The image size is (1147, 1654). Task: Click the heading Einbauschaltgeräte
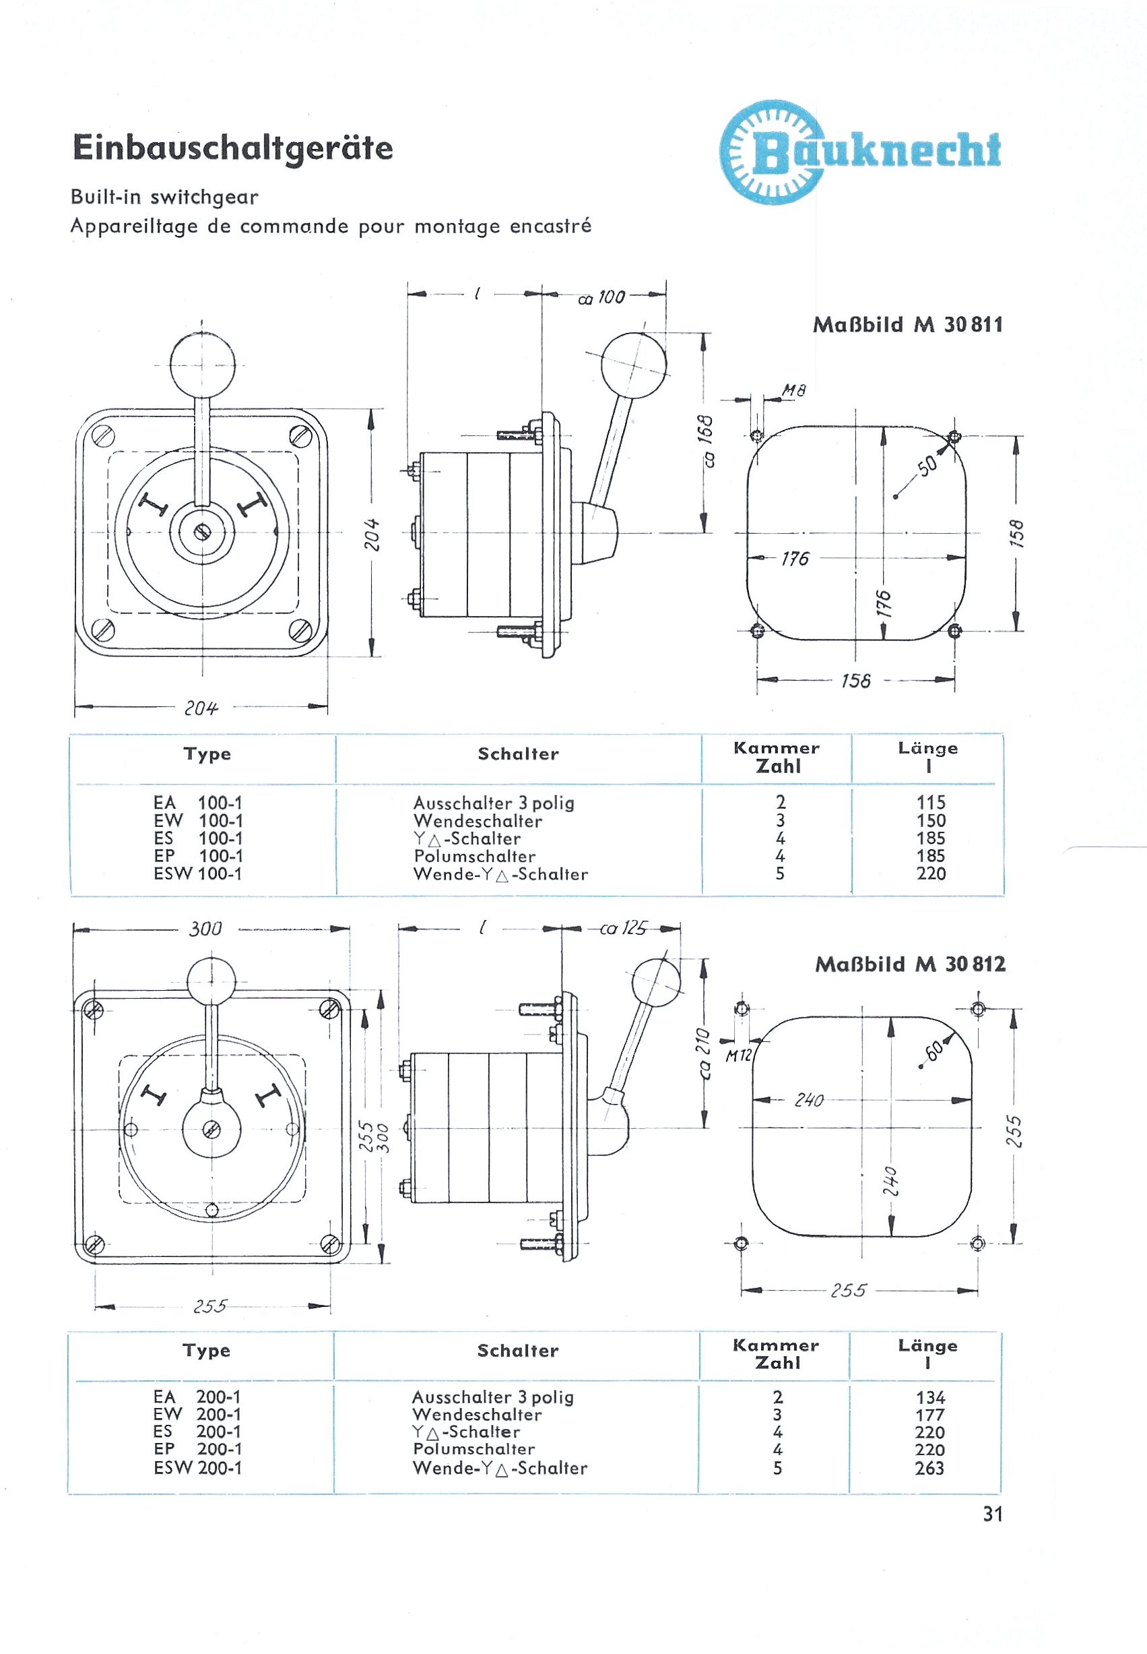coord(233,149)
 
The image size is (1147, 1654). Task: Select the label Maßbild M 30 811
coord(908,325)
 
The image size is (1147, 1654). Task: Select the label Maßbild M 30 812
coord(910,964)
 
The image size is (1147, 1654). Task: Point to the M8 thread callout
coord(794,390)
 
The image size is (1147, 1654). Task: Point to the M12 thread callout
coord(738,1055)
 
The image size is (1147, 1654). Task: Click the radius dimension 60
coord(934,1051)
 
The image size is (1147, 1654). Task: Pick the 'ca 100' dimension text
coord(602,298)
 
